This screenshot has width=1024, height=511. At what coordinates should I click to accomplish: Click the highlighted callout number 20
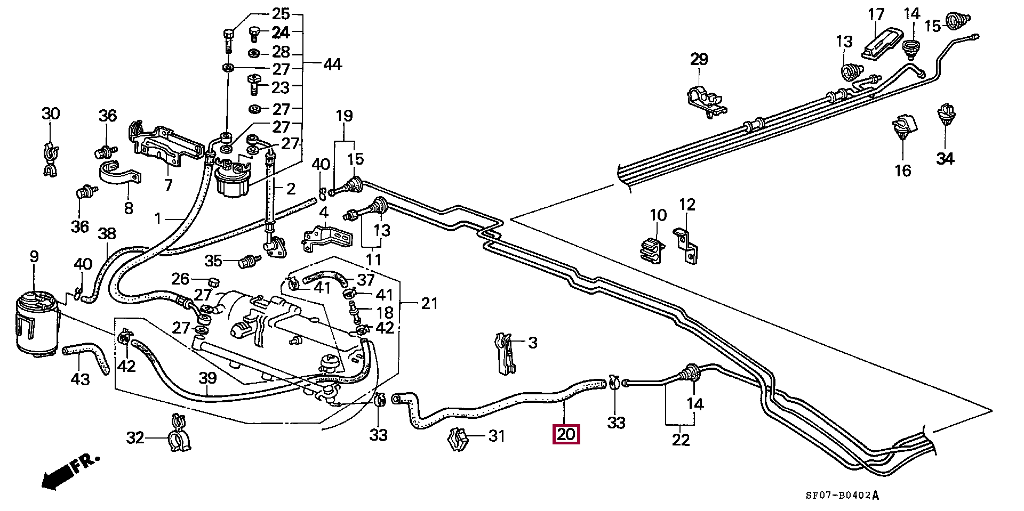tap(566, 434)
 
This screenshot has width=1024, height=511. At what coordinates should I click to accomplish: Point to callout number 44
tap(332, 64)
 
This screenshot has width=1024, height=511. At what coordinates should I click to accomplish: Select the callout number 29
tap(699, 59)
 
